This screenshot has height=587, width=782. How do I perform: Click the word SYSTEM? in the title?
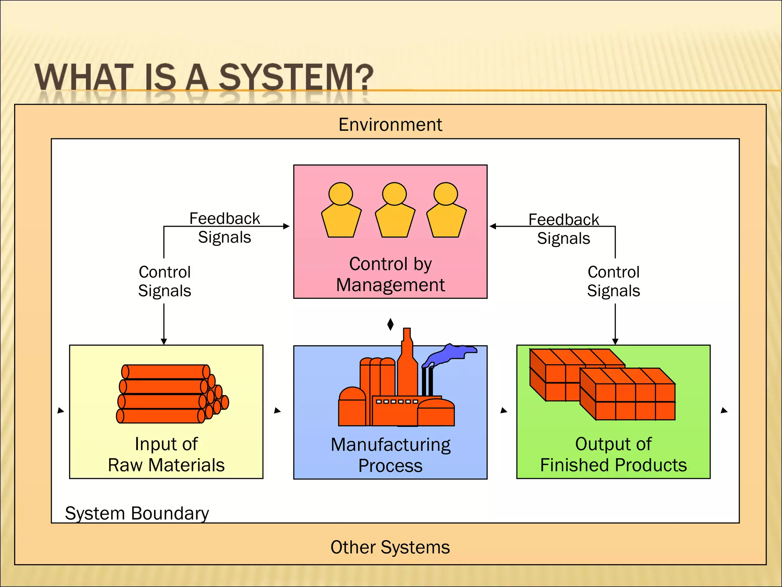(296, 78)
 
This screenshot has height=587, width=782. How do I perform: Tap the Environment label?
(390, 125)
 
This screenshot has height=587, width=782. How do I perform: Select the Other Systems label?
(390, 547)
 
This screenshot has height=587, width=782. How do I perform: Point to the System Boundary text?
(137, 513)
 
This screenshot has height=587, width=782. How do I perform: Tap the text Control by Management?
(390, 274)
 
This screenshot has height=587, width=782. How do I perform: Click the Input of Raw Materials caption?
(166, 455)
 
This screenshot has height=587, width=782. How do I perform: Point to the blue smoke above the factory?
(451, 354)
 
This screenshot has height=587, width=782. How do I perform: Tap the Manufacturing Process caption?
(390, 455)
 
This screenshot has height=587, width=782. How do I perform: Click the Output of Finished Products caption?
(613, 455)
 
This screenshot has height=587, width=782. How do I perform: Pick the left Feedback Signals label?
(225, 228)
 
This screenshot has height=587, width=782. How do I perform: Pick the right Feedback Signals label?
(564, 229)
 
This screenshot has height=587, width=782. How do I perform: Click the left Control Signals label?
(165, 281)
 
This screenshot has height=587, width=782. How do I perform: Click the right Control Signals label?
(613, 281)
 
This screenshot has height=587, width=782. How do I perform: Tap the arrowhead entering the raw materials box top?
(164, 342)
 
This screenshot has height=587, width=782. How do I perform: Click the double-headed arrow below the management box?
(390, 324)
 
